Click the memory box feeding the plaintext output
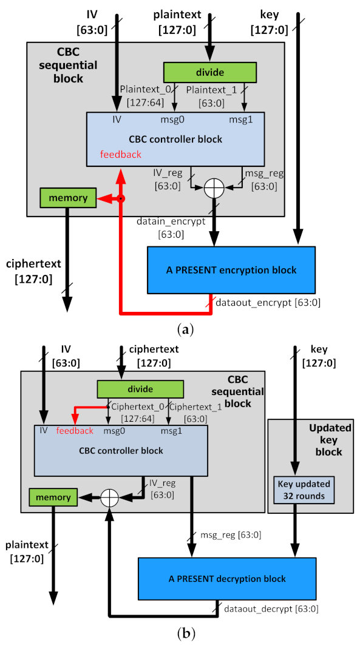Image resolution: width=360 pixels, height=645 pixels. point(53,497)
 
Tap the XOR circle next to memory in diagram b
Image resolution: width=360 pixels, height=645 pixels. point(109,497)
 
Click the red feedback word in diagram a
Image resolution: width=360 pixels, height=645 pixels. point(121,154)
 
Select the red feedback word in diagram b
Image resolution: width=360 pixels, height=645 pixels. point(74,430)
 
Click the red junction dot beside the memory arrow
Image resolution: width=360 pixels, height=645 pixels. point(121,198)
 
